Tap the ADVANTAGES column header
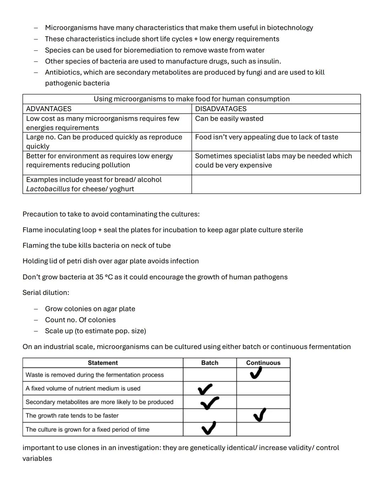[49, 109]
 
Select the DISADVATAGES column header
[221, 109]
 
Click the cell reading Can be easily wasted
[229, 119]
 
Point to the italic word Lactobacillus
[48, 189]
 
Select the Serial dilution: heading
[46, 293]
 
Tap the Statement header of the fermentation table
[102, 363]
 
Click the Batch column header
[210, 363]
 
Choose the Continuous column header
[263, 363]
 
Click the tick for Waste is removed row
[256, 373]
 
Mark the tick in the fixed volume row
[205, 389]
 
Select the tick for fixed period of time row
[209, 428]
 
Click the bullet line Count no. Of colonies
[80, 320]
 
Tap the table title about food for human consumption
[191, 99]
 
